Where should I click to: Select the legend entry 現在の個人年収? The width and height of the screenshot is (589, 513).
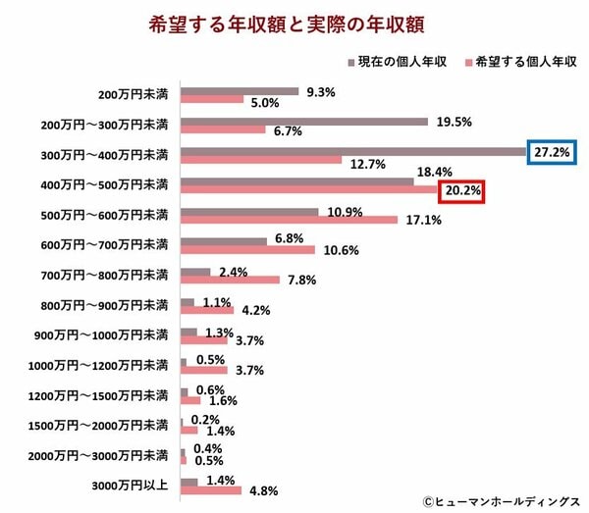click(399, 61)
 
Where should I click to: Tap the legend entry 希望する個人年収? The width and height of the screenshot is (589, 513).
click(518, 61)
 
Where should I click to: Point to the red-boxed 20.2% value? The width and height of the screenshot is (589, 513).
click(462, 191)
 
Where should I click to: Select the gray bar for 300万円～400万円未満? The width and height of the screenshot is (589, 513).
click(354, 152)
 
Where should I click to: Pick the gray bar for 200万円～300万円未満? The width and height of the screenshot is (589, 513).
click(304, 122)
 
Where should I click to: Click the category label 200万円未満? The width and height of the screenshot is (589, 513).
click(134, 96)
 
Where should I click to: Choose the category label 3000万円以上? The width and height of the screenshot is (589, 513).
click(132, 485)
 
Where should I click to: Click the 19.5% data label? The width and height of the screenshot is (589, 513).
click(453, 122)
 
